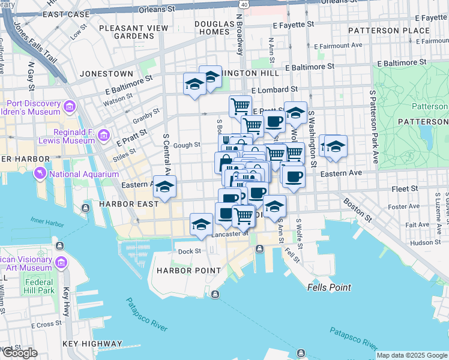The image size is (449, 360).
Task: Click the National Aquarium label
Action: pyautogui.click(x=84, y=175)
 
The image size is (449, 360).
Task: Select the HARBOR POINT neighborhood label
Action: pyautogui.click(x=189, y=270)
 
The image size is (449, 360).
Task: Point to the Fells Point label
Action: pyautogui.click(x=329, y=287)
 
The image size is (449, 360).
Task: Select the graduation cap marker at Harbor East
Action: pyautogui.click(x=164, y=187)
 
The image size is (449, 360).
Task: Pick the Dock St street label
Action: pyautogui.click(x=188, y=251)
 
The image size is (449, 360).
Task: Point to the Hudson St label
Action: pyautogui.click(x=426, y=242)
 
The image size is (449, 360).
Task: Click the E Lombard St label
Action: pyautogui.click(x=274, y=89)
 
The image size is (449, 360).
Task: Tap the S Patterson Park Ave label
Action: pyautogui.click(x=373, y=126)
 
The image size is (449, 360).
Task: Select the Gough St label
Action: pyautogui.click(x=187, y=145)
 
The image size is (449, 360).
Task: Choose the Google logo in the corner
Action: pyautogui.click(x=20, y=352)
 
